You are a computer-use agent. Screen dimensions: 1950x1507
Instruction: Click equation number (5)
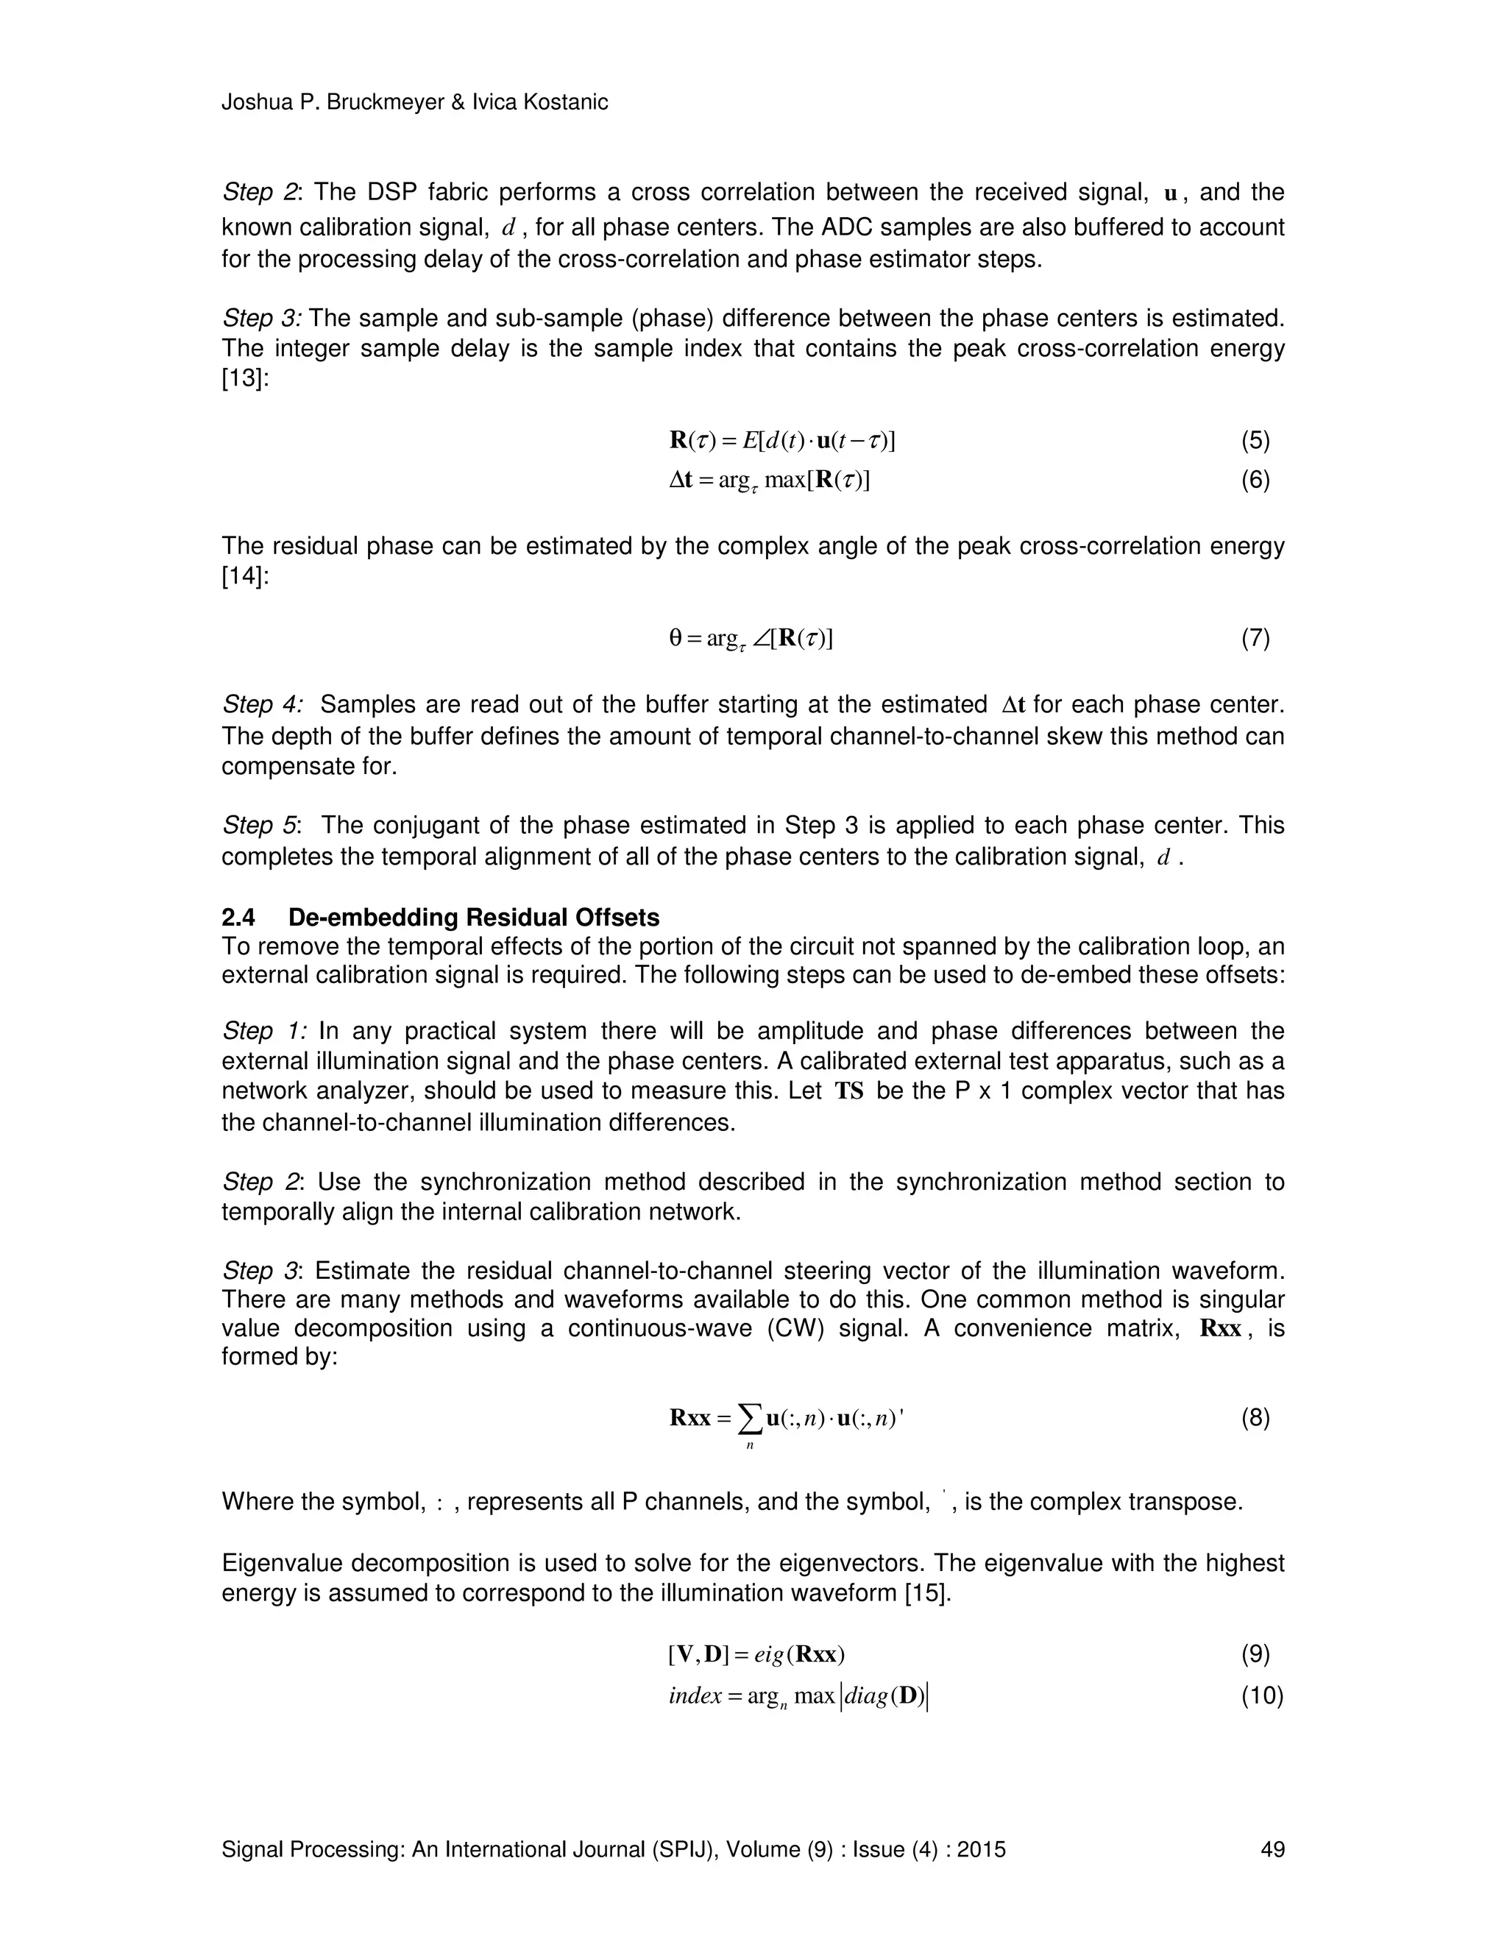click(x=1255, y=440)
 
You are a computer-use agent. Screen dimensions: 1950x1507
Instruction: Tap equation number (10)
click(x=1261, y=1695)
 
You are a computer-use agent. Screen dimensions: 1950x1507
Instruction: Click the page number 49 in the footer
click(x=1272, y=1849)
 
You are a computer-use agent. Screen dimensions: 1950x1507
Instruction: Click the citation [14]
click(x=242, y=576)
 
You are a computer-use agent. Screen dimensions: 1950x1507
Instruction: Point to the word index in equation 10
click(x=694, y=1695)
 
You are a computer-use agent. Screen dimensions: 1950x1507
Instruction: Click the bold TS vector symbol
click(x=849, y=1091)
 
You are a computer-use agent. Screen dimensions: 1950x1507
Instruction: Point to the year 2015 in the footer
click(x=981, y=1849)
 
